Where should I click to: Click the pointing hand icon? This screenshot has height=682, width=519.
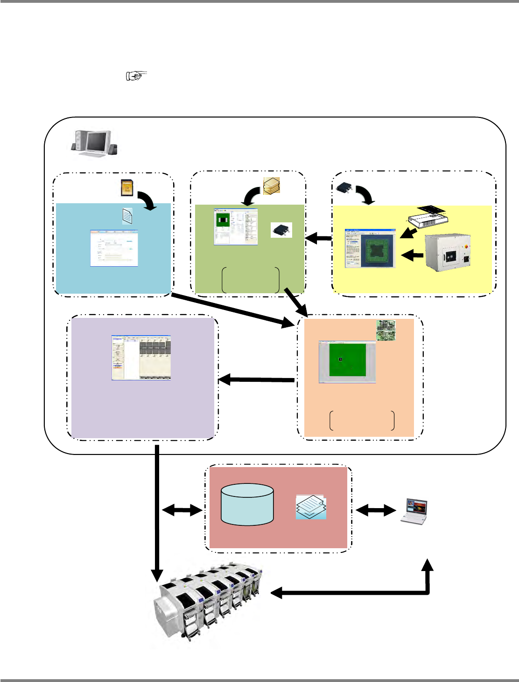[136, 76]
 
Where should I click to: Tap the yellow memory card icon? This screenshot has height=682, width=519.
[126, 187]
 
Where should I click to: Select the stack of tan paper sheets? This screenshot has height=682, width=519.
[271, 186]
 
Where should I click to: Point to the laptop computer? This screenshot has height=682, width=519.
[414, 512]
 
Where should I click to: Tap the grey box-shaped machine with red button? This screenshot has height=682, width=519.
[447, 253]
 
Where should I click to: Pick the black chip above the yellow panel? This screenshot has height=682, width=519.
[344, 188]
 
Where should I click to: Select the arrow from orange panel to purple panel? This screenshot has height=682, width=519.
[256, 380]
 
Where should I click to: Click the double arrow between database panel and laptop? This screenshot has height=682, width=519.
[376, 511]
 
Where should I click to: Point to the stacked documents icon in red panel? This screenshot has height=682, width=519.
[311, 507]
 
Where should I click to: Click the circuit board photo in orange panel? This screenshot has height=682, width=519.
[386, 330]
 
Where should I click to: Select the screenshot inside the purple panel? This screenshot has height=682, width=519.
[141, 358]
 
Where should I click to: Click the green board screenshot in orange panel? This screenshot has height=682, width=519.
[347, 362]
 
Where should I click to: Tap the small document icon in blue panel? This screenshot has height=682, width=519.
[127, 216]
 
